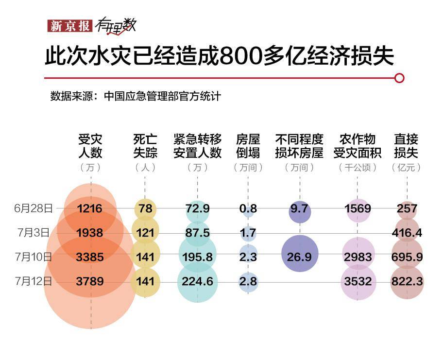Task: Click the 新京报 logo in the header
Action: click(x=68, y=26)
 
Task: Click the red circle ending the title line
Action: click(x=399, y=78)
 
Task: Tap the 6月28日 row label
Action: click(x=34, y=208)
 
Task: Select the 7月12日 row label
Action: click(x=34, y=281)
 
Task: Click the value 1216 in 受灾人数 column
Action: click(x=90, y=209)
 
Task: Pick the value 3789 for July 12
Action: click(x=90, y=281)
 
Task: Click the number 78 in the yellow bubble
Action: click(x=145, y=209)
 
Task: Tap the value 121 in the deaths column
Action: click(x=145, y=233)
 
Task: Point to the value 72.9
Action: click(x=198, y=209)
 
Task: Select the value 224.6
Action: click(x=198, y=281)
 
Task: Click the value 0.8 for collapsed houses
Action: click(x=248, y=209)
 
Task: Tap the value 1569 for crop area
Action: click(x=358, y=209)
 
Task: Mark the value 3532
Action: click(x=358, y=281)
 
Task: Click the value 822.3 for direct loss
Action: click(x=407, y=281)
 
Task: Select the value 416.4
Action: click(x=407, y=233)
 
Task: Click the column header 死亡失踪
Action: click(x=145, y=146)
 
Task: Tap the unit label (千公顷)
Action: click(x=358, y=168)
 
